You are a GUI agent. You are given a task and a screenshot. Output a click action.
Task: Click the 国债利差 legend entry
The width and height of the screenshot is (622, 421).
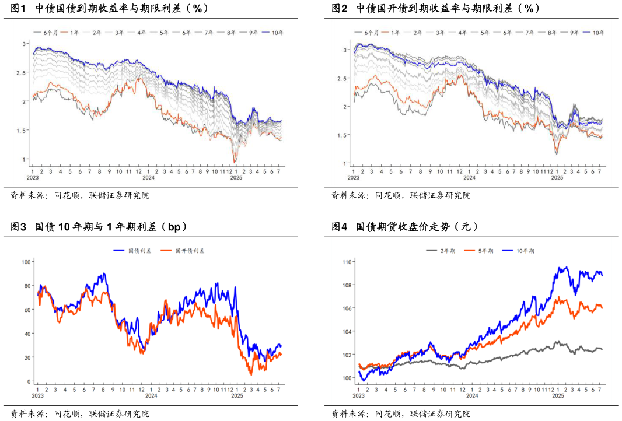134,251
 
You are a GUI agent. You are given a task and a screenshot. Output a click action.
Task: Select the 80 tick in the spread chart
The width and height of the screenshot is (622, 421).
26,286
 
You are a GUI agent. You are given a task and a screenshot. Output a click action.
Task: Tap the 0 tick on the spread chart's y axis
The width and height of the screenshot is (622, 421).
28,381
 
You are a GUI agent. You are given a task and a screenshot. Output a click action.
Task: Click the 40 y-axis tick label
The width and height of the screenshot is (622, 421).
26,334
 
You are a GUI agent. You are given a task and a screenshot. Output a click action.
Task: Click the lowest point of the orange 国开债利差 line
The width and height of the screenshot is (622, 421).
250,374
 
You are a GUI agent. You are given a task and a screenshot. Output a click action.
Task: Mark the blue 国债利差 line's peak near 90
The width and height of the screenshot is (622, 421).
104,273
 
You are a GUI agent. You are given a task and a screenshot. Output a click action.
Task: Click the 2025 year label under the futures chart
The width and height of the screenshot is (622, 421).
558,396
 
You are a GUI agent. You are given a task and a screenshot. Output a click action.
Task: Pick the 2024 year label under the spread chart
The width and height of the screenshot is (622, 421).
151,396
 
